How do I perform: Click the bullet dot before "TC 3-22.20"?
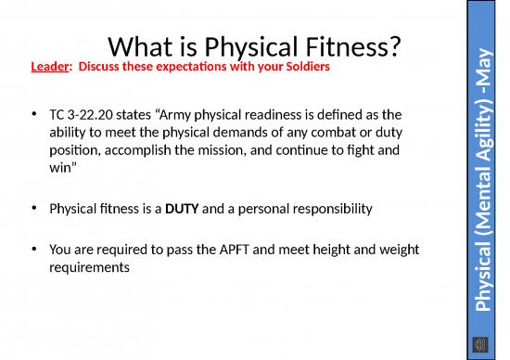point(34,115)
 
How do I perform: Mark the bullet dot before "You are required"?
point(34,250)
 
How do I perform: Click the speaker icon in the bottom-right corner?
point(482,343)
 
